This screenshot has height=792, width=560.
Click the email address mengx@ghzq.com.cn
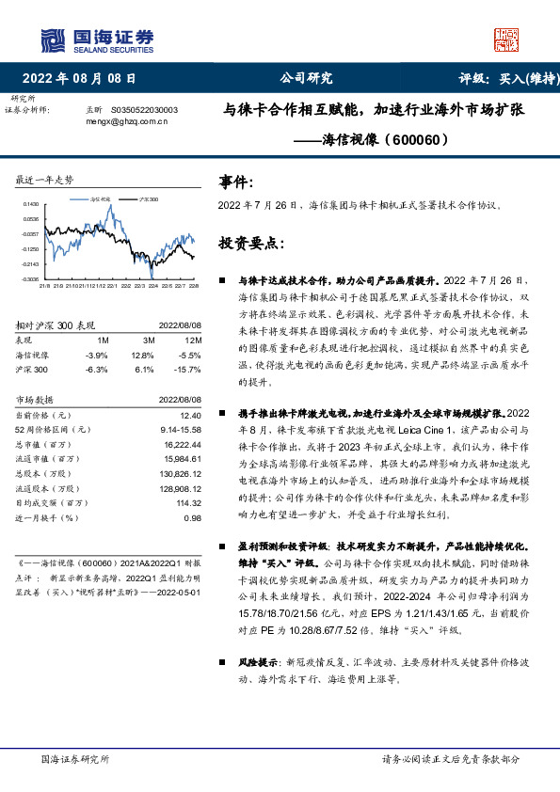(x=126, y=121)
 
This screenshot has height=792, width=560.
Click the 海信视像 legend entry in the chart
(x=101, y=200)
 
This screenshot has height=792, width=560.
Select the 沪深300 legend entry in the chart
(x=147, y=200)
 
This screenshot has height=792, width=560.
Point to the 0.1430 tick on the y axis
(x=31, y=204)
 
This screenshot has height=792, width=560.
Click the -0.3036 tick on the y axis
(x=31, y=279)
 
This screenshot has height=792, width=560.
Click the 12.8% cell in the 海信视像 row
(x=142, y=355)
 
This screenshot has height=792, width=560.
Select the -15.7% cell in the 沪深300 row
(x=189, y=369)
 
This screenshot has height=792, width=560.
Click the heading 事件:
(x=235, y=182)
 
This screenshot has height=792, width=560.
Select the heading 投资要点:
(x=251, y=243)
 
